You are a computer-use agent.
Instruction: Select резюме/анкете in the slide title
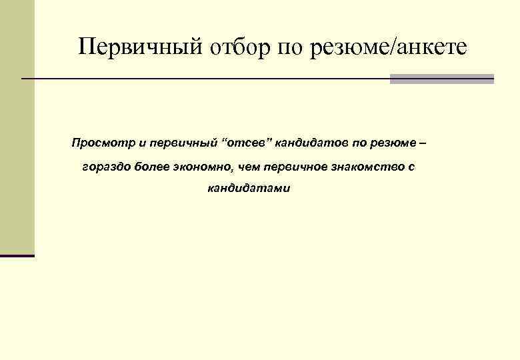tap(389, 47)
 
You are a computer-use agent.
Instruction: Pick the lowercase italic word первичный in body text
tap(184, 143)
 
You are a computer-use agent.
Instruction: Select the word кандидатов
tap(311, 143)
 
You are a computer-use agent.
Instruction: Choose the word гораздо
tap(105, 166)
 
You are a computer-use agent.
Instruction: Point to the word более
tap(153, 166)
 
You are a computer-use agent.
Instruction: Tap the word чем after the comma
tap(251, 166)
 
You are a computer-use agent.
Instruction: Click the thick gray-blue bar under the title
tap(441, 79)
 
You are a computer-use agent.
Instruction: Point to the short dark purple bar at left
tap(17, 256)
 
